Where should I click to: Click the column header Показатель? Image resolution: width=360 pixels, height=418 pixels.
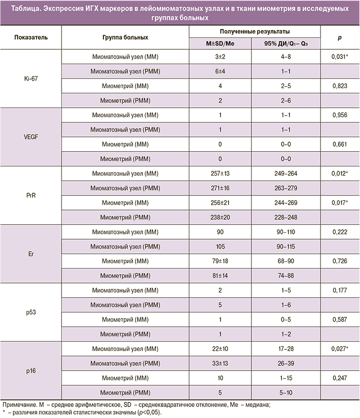pos(31,37)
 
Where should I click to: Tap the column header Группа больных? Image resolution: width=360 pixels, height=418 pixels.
pos(125,37)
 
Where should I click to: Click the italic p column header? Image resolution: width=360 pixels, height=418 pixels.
pos(339,37)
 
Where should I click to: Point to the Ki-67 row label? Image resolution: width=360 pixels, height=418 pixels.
pos(31,80)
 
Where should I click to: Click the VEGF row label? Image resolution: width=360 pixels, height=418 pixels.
pos(31,137)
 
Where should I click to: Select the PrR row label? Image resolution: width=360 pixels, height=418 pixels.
pos(31,196)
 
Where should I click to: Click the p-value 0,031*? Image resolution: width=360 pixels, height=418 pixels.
pos(339,57)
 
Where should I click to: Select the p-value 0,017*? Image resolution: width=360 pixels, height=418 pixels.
pos(339,203)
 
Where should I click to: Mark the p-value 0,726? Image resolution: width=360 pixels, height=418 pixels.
pos(339,261)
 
